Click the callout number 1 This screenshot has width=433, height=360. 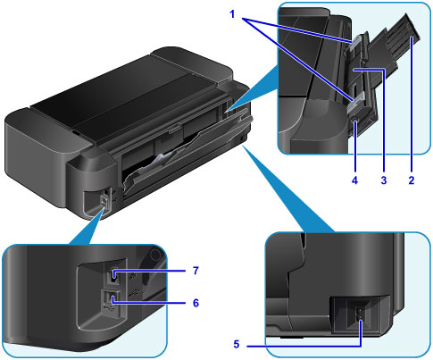click(232, 14)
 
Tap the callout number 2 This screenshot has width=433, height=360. click(412, 180)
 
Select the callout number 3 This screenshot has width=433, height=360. click(384, 180)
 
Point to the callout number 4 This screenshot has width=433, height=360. click(354, 180)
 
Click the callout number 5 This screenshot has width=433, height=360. click(237, 344)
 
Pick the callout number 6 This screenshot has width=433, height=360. click(196, 303)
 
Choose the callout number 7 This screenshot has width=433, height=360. click(196, 271)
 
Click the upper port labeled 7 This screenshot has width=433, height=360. click(114, 275)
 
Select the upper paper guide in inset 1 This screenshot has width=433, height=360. click(356, 44)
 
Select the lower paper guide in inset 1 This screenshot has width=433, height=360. click(356, 101)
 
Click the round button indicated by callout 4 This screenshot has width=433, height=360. click(355, 121)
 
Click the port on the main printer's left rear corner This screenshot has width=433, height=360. click(104, 200)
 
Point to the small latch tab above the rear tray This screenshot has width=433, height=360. click(174, 129)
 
